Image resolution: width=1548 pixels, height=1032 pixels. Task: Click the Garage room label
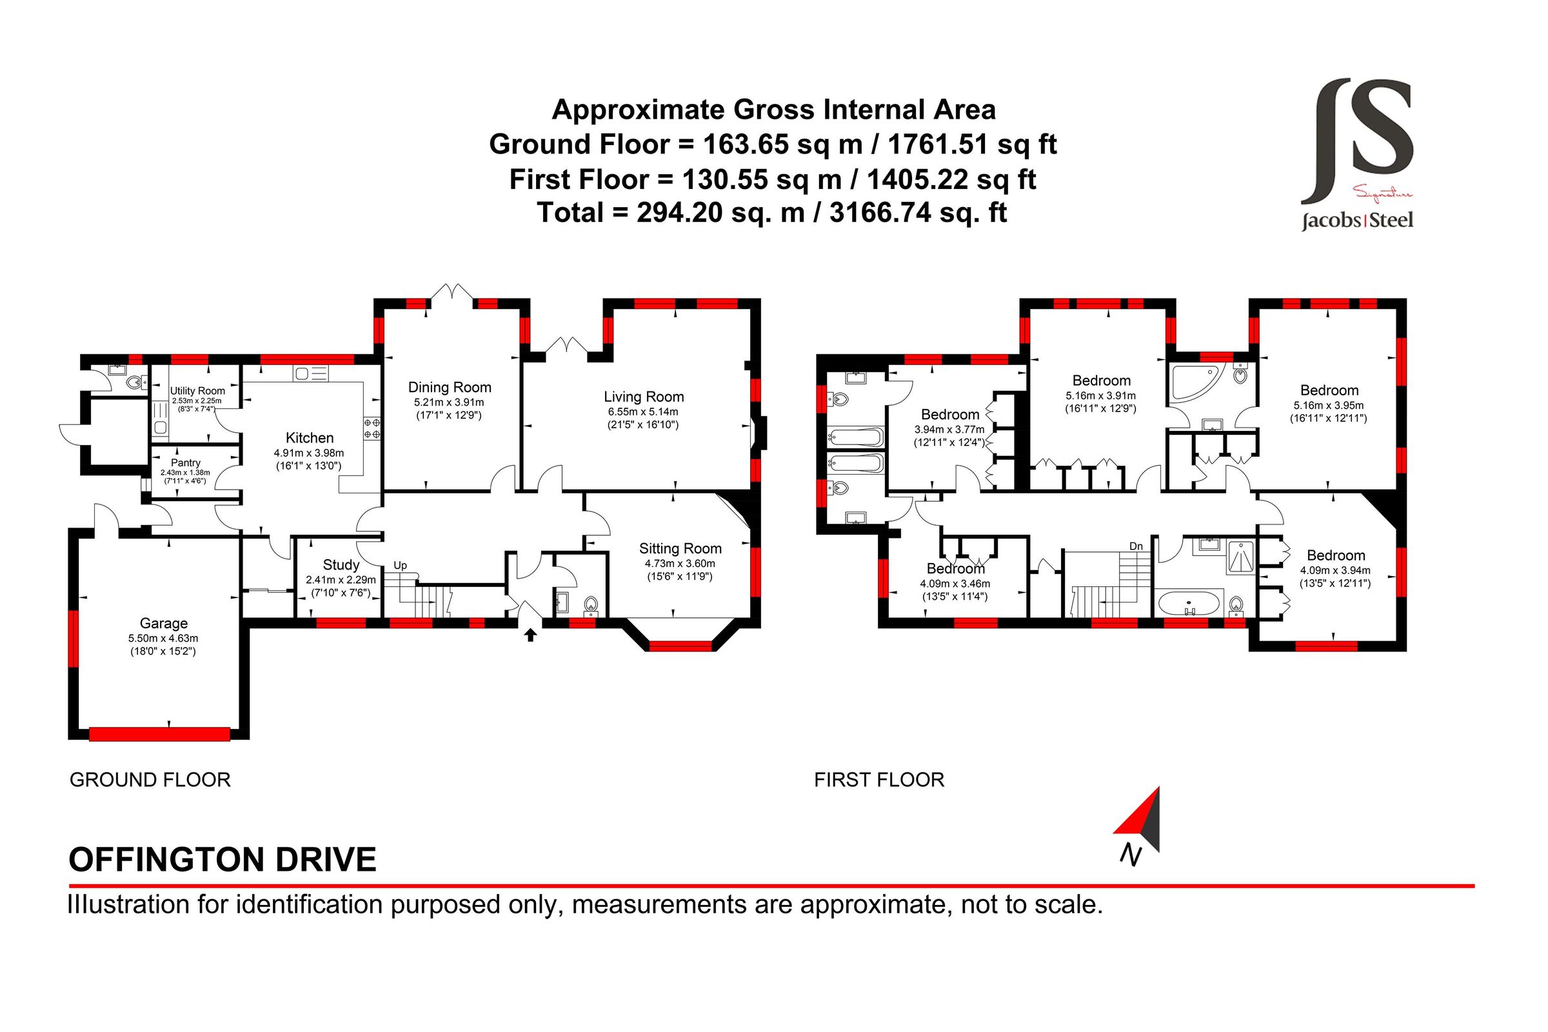coord(163,623)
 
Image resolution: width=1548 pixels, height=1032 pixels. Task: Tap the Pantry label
coord(185,462)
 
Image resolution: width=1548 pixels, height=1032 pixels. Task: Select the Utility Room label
coord(197,390)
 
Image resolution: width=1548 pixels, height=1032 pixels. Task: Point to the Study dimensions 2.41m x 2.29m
coord(341,580)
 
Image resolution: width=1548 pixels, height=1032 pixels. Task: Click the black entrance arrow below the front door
coord(530,635)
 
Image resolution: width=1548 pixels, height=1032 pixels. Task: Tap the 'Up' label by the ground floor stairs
coord(400,566)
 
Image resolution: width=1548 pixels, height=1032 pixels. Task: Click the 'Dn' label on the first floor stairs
coord(1136,546)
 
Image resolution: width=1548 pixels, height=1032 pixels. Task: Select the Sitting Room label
coord(680,548)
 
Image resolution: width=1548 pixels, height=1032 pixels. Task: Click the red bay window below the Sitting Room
coord(680,646)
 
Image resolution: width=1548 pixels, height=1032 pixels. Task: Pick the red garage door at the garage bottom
coord(159,734)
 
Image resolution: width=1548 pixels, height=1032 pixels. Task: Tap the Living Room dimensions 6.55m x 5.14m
coord(642,412)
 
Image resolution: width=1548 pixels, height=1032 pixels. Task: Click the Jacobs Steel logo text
coord(1357,220)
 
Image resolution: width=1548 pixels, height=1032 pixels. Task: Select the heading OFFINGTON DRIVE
coord(223,860)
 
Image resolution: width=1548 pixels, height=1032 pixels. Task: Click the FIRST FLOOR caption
coord(878,780)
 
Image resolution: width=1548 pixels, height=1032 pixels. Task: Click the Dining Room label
coord(450,387)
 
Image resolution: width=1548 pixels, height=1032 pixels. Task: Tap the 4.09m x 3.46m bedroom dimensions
coord(955,584)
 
